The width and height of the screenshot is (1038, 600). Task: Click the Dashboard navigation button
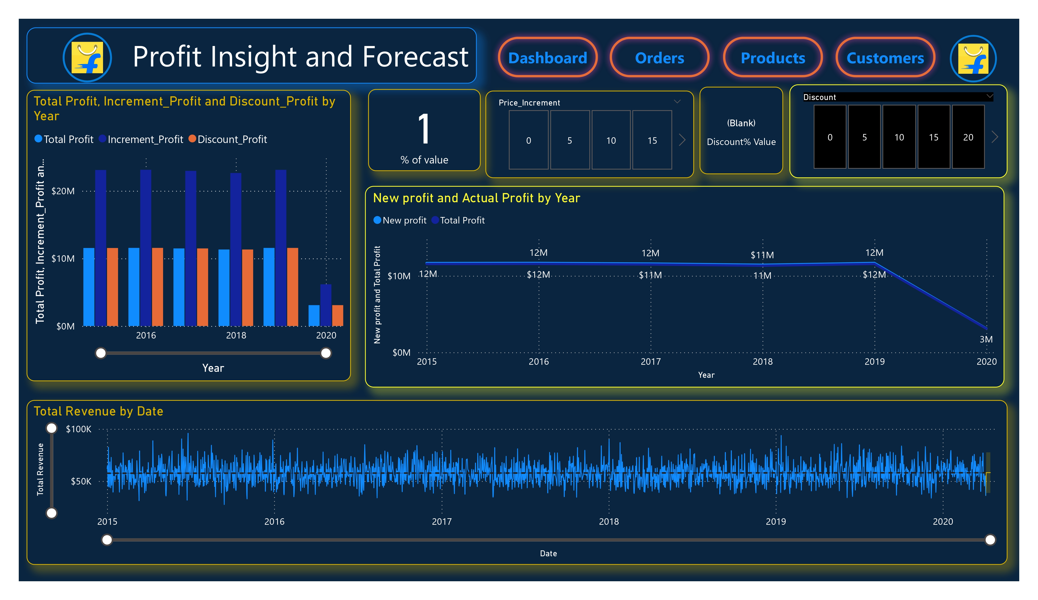(548, 58)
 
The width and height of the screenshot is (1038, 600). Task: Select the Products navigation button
(773, 58)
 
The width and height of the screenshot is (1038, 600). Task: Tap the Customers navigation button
(885, 58)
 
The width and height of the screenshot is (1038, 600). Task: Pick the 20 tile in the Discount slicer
(968, 137)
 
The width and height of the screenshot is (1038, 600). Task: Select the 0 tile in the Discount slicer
(830, 137)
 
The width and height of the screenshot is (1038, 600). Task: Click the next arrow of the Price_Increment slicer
(682, 140)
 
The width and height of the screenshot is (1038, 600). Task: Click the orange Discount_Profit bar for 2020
(337, 315)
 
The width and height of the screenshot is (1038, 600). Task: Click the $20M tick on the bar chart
(63, 191)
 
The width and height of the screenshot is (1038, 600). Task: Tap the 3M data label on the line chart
(986, 339)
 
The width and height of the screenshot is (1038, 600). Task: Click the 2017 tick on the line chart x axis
(650, 361)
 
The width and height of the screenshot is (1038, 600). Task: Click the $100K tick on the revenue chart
(79, 429)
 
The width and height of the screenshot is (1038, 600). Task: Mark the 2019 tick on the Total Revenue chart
(776, 521)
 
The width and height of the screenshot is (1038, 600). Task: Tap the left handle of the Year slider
(101, 353)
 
